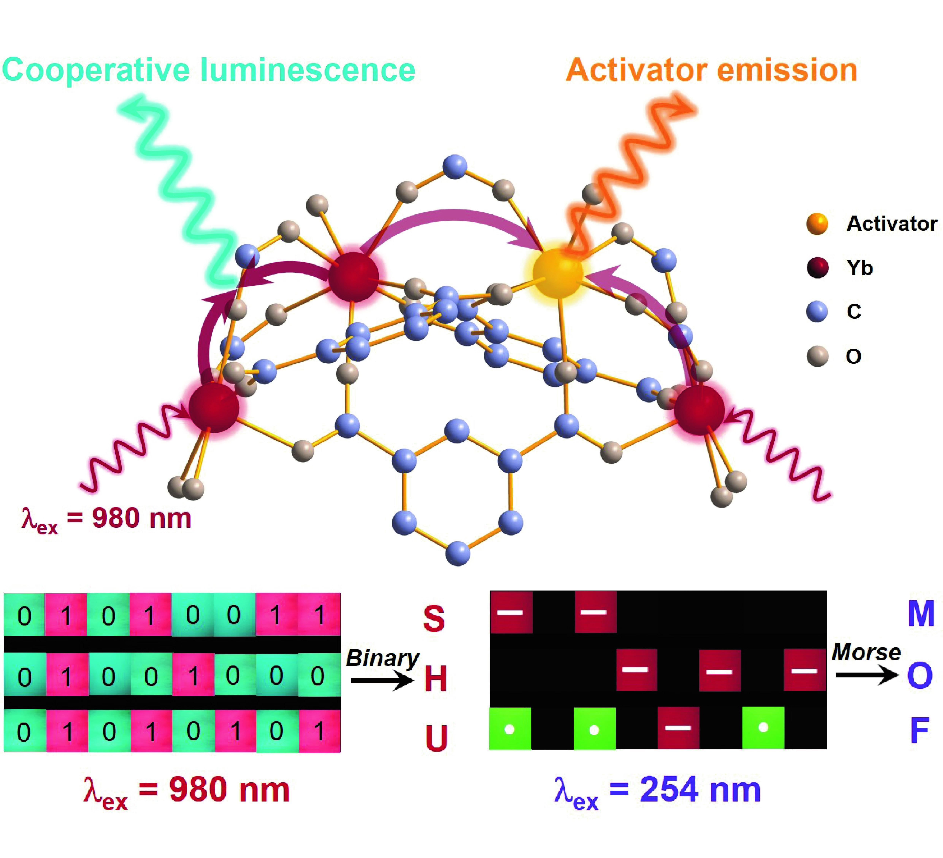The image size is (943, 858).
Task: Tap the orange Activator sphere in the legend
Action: pos(817,224)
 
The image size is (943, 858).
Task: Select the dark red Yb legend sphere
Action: pos(817,267)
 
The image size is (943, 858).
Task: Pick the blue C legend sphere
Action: pos(817,311)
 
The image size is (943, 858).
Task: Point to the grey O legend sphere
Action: pos(817,356)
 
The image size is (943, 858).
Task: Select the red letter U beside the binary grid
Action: pos(436,738)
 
